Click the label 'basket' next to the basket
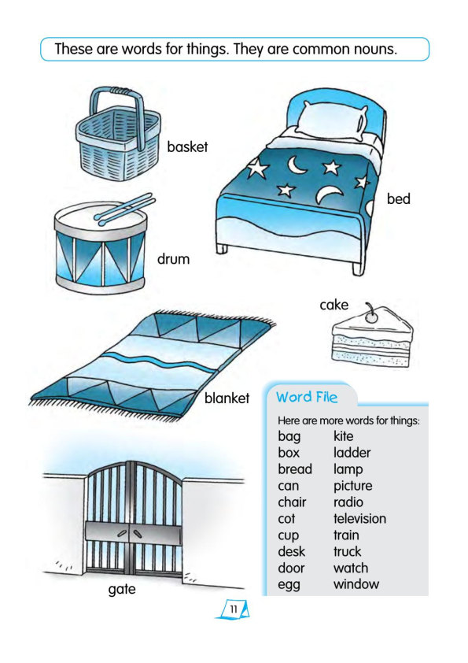click(187, 147)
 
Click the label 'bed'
click(398, 198)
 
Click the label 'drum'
click(173, 259)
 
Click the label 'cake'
click(333, 305)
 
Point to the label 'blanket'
click(227, 398)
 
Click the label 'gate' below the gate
click(122, 589)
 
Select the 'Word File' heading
click(307, 397)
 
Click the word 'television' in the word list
click(359, 518)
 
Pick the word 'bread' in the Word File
click(295, 469)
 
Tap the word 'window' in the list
click(356, 584)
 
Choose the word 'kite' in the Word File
click(343, 436)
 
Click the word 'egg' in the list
click(289, 585)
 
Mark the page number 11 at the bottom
click(233, 609)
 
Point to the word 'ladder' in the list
click(352, 453)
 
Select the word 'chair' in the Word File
click(292, 502)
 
